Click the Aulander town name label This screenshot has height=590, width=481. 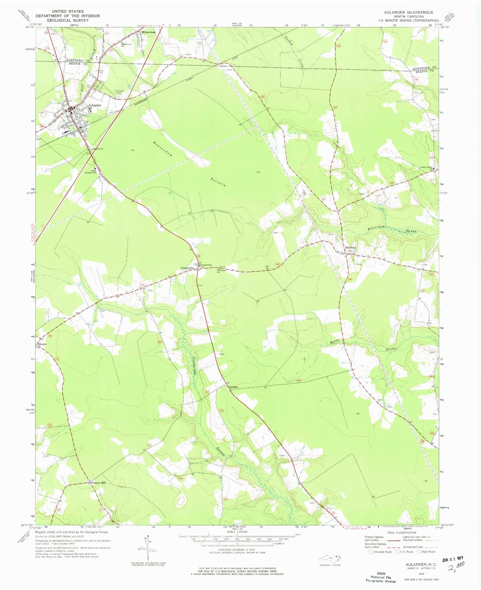pyautogui.click(x=94, y=105)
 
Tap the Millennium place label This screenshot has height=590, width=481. pyautogui.click(x=148, y=32)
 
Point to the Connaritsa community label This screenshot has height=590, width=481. pyautogui.click(x=187, y=268)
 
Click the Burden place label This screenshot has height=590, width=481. pyautogui.click(x=234, y=387)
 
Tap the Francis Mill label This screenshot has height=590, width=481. pyautogui.click(x=99, y=483)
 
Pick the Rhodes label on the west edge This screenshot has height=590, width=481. pyautogui.click(x=42, y=344)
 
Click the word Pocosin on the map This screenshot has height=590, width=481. pyautogui.click(x=218, y=182)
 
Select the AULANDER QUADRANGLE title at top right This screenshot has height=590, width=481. pyautogui.click(x=408, y=12)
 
